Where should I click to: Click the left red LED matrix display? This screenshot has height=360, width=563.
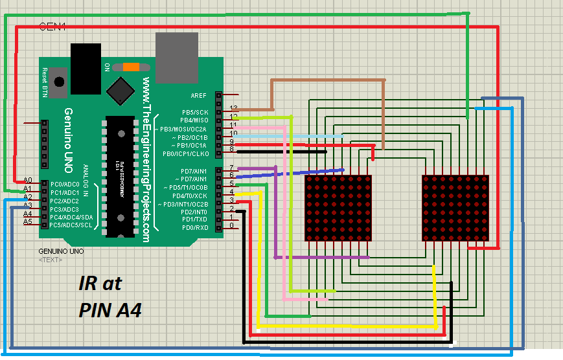[x=338, y=208]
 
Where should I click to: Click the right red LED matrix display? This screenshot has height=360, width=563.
[x=455, y=208]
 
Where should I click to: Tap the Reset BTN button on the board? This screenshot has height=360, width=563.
[x=60, y=82]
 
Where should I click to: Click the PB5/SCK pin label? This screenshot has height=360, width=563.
[x=194, y=112]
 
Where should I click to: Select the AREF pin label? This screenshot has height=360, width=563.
[x=199, y=96]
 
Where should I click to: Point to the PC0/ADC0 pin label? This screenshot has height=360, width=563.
[x=65, y=185]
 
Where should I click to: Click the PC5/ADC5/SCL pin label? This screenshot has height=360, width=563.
[x=71, y=225]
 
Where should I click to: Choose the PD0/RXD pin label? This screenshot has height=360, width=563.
[x=194, y=228]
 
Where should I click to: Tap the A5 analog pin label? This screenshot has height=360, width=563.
[x=27, y=221]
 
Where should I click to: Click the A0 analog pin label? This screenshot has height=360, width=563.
[x=27, y=180]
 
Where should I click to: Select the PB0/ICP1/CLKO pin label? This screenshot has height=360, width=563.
[x=185, y=154]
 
